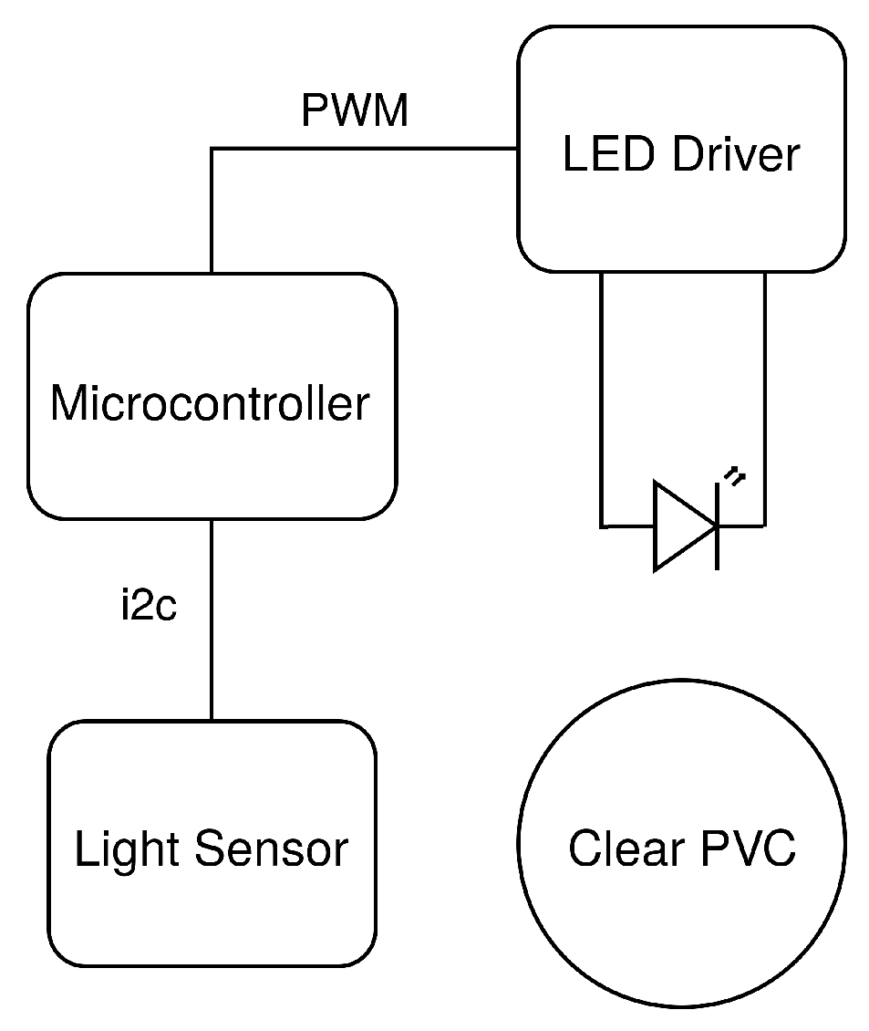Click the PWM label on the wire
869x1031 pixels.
pos(355,111)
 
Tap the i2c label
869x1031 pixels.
pos(149,607)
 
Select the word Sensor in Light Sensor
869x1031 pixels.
pos(271,849)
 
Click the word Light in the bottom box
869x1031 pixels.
pos(128,849)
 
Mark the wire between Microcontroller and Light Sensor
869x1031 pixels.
pos(212,657)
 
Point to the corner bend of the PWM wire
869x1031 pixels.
pos(212,149)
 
